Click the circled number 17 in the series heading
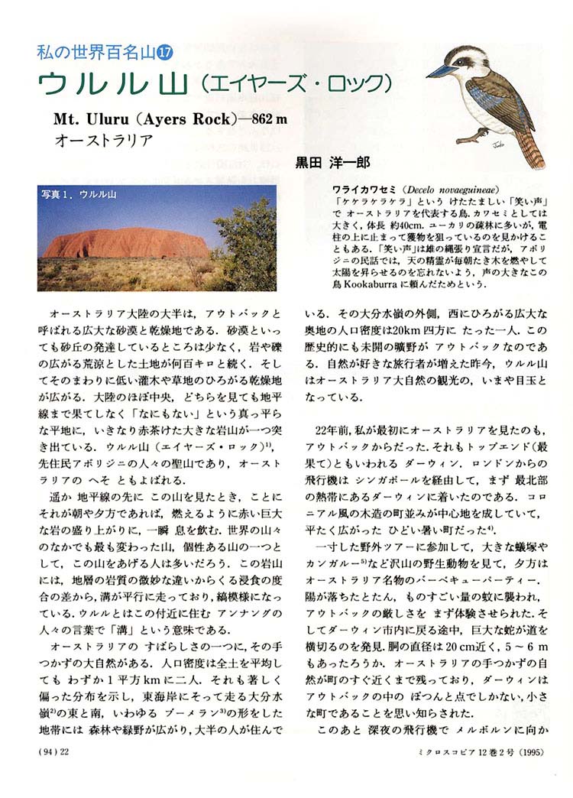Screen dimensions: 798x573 (x=165, y=54)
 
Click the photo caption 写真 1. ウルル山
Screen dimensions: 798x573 (x=79, y=194)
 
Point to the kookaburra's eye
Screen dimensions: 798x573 (x=468, y=60)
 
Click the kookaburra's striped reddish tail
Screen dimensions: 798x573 (x=534, y=150)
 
